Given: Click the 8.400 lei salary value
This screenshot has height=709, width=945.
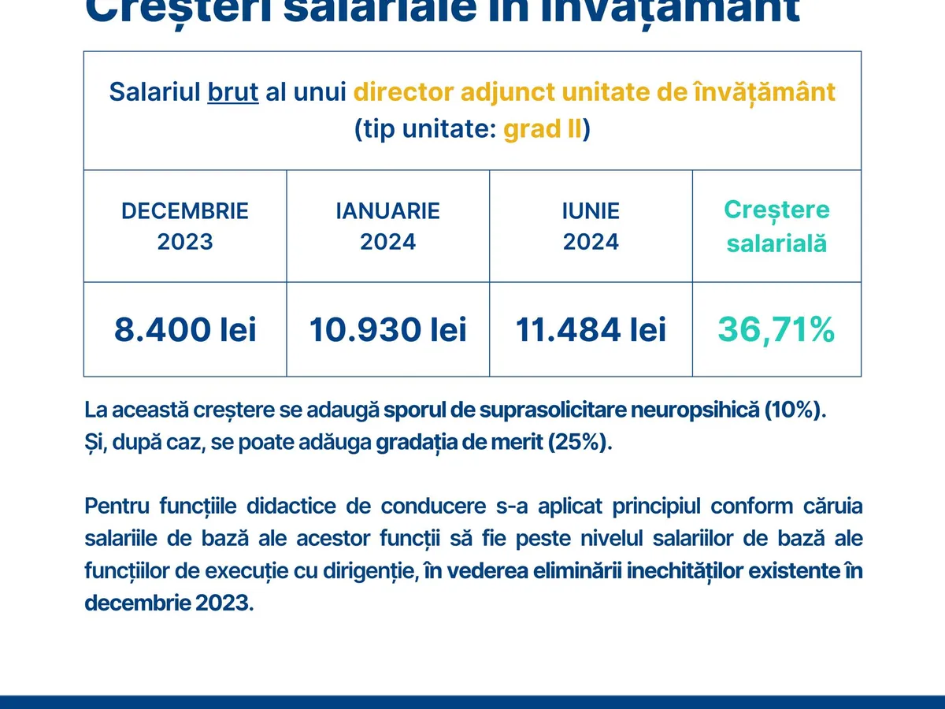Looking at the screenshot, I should coord(185,329).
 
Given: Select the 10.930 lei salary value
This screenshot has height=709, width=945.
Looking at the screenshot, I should coord(387,329).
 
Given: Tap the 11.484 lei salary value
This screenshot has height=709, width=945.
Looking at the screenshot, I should coord(591,329).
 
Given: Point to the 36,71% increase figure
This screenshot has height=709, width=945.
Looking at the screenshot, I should coord(776,329).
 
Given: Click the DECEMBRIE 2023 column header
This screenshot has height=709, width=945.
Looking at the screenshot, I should coord(185,226).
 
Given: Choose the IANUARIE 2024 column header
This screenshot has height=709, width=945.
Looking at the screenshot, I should coord(387,226).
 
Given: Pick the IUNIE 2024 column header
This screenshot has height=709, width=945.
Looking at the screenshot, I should coord(591,226).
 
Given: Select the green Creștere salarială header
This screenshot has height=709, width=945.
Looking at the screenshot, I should coord(776,226).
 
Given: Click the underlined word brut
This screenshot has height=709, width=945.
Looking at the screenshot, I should coord(233,92).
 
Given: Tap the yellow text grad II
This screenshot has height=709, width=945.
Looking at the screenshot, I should coord(542,129).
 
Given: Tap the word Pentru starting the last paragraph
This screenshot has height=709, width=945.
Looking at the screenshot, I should coord(117,506).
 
